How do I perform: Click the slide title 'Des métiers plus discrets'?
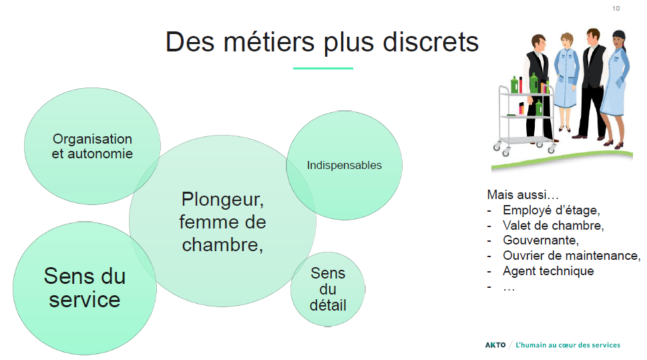(322, 41)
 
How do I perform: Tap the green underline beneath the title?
(323, 68)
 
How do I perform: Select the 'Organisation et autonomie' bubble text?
(92, 146)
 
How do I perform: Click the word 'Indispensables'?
(344, 165)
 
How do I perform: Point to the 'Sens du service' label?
(85, 287)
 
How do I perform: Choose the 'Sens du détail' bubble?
(328, 289)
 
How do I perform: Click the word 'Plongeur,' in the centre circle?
(222, 200)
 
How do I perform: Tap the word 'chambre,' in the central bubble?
(222, 245)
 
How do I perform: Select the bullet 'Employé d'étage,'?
(552, 210)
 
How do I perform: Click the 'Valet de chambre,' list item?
(553, 225)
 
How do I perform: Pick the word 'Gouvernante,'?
(541, 240)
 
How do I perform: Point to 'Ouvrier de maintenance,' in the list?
(572, 256)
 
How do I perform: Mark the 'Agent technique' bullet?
(548, 271)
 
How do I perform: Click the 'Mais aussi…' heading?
(522, 194)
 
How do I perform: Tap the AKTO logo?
(495, 345)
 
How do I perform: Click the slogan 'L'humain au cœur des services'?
(568, 345)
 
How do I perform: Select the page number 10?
(616, 8)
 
